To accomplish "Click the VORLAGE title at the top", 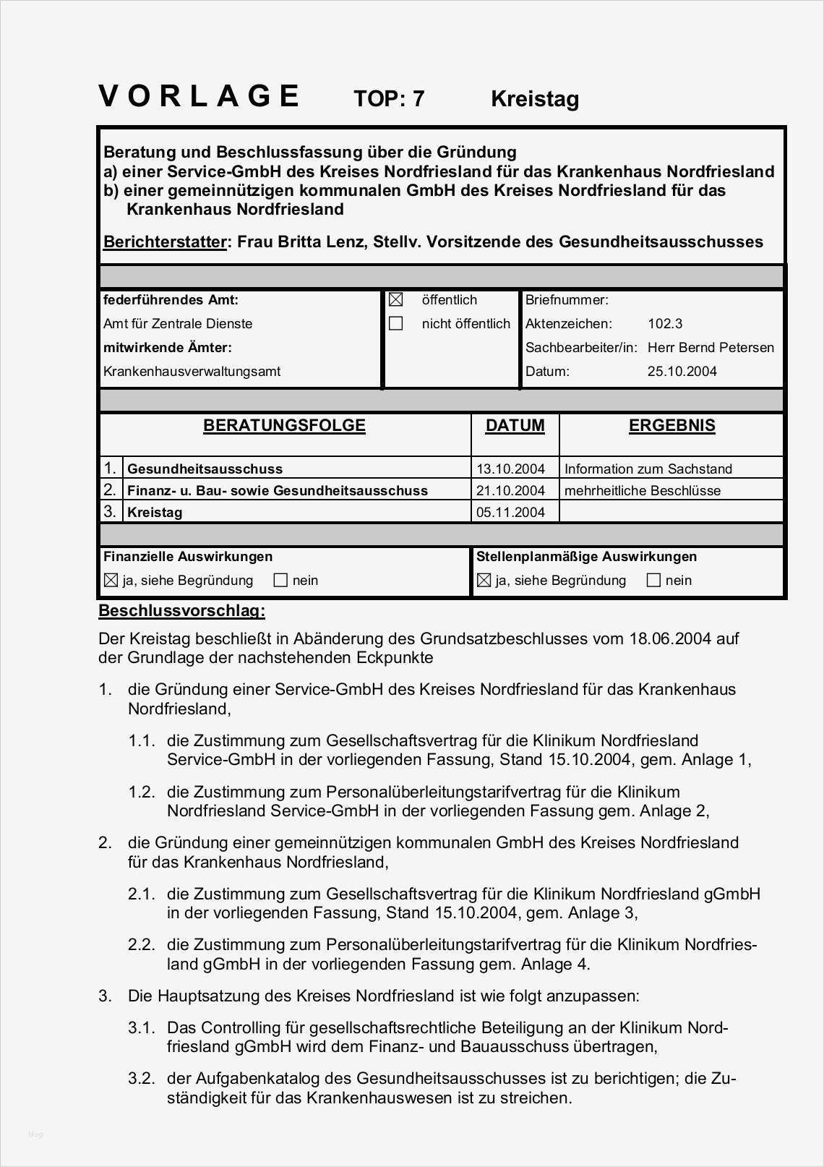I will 199,96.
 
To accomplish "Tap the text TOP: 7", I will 389,98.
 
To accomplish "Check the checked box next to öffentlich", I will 395,299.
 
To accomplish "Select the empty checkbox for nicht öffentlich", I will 395,323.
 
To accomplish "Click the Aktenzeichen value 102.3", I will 665,324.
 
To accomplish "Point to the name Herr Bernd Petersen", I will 711,348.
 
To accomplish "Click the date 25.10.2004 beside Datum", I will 682,372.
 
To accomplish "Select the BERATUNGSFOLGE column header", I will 284,425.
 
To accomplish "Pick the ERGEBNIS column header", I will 671,425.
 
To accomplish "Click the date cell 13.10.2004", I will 510,469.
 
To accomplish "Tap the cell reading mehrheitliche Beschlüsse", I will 643,491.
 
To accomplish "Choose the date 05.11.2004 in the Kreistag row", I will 510,513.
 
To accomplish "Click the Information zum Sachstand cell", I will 648,469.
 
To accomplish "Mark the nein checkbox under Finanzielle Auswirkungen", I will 281,580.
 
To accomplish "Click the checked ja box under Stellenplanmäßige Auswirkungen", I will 484,580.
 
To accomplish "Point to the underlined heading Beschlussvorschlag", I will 181,610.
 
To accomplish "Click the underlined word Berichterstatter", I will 165,241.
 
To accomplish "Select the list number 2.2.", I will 142,944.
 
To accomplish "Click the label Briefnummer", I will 567,300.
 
